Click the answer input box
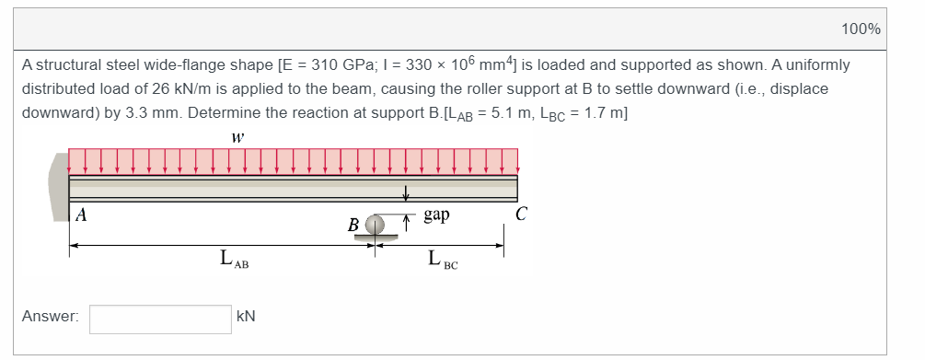click(x=160, y=319)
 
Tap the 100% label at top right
click(x=861, y=29)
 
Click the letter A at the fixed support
click(x=81, y=216)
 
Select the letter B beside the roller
click(x=354, y=226)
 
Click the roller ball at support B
click(x=375, y=225)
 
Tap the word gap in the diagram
click(x=436, y=215)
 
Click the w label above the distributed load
click(x=237, y=138)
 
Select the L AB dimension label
click(x=234, y=259)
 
